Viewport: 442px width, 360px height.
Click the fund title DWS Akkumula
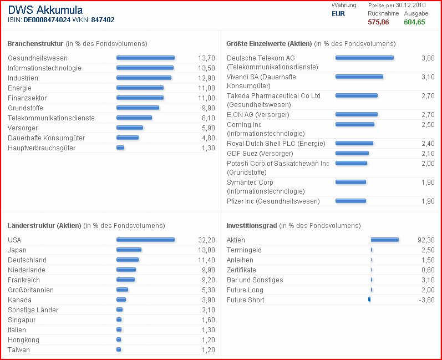click(x=45, y=10)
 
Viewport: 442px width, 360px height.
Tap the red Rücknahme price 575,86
click(x=378, y=22)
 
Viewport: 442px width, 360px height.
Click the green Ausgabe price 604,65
click(x=414, y=22)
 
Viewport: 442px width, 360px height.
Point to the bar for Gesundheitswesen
click(x=145, y=58)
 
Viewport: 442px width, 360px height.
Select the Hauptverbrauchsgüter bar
click(x=120, y=148)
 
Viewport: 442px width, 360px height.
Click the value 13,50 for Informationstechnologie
click(x=206, y=68)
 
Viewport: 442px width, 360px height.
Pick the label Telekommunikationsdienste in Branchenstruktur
click(x=51, y=118)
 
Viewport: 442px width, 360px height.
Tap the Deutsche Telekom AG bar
click(x=364, y=58)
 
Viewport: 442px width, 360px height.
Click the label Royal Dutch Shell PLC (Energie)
click(x=275, y=144)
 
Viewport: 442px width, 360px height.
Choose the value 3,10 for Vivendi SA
click(x=428, y=77)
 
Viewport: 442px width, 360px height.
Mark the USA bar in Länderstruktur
click(x=145, y=240)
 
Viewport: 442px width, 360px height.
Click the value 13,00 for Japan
click(x=206, y=250)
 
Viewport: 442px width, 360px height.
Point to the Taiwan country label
click(x=19, y=350)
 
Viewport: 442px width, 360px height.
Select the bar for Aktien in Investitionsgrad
click(x=384, y=240)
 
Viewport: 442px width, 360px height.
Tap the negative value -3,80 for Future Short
click(x=426, y=300)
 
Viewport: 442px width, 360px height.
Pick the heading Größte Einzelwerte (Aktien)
click(x=269, y=44)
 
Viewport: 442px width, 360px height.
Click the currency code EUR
click(x=338, y=14)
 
